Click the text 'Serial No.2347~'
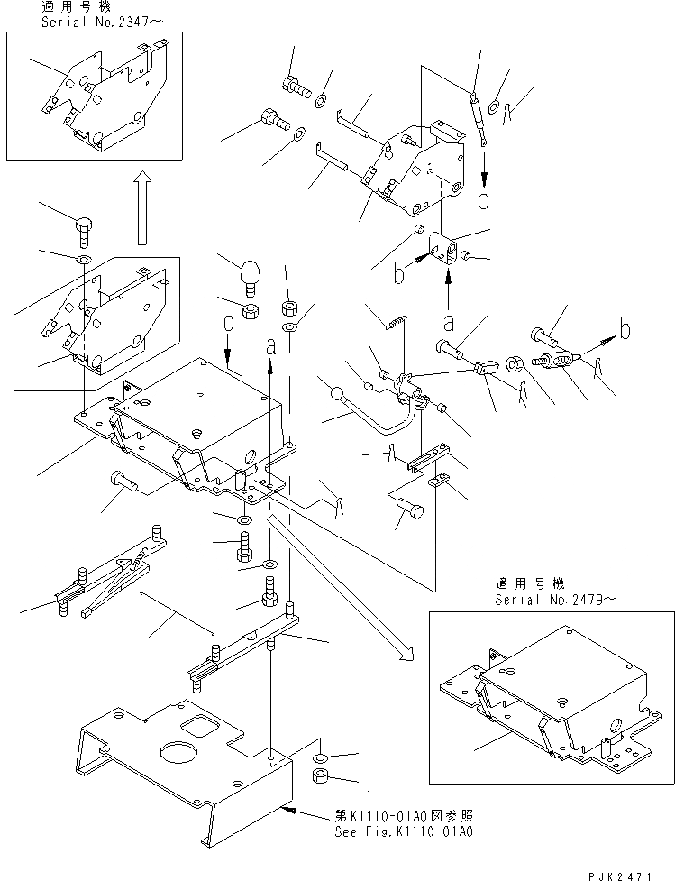pos(89,20)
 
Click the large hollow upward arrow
pos(141,209)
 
